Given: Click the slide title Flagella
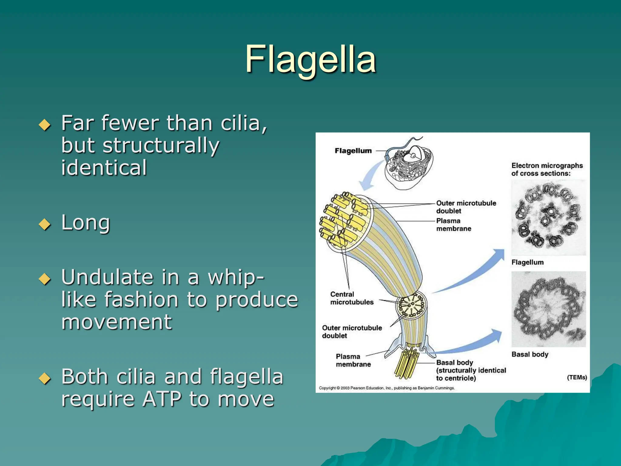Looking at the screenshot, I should (310, 59).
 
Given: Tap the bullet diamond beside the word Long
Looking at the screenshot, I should (45, 225).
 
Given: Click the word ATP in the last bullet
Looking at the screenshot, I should (162, 399).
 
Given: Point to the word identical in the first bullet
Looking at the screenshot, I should (104, 167).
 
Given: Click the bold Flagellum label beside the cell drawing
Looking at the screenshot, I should (353, 151).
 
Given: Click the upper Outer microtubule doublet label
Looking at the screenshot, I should (466, 207).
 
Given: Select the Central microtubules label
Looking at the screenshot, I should (351, 298).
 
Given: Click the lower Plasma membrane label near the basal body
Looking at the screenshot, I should (353, 360).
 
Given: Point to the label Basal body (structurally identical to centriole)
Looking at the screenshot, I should (471, 370).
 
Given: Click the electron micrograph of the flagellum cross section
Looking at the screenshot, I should (548, 218).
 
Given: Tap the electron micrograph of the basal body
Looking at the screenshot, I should (548, 309).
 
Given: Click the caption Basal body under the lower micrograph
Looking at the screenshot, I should (529, 354).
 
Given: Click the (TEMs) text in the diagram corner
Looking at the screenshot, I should (576, 377).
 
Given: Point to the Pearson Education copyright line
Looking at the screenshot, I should (387, 388).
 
